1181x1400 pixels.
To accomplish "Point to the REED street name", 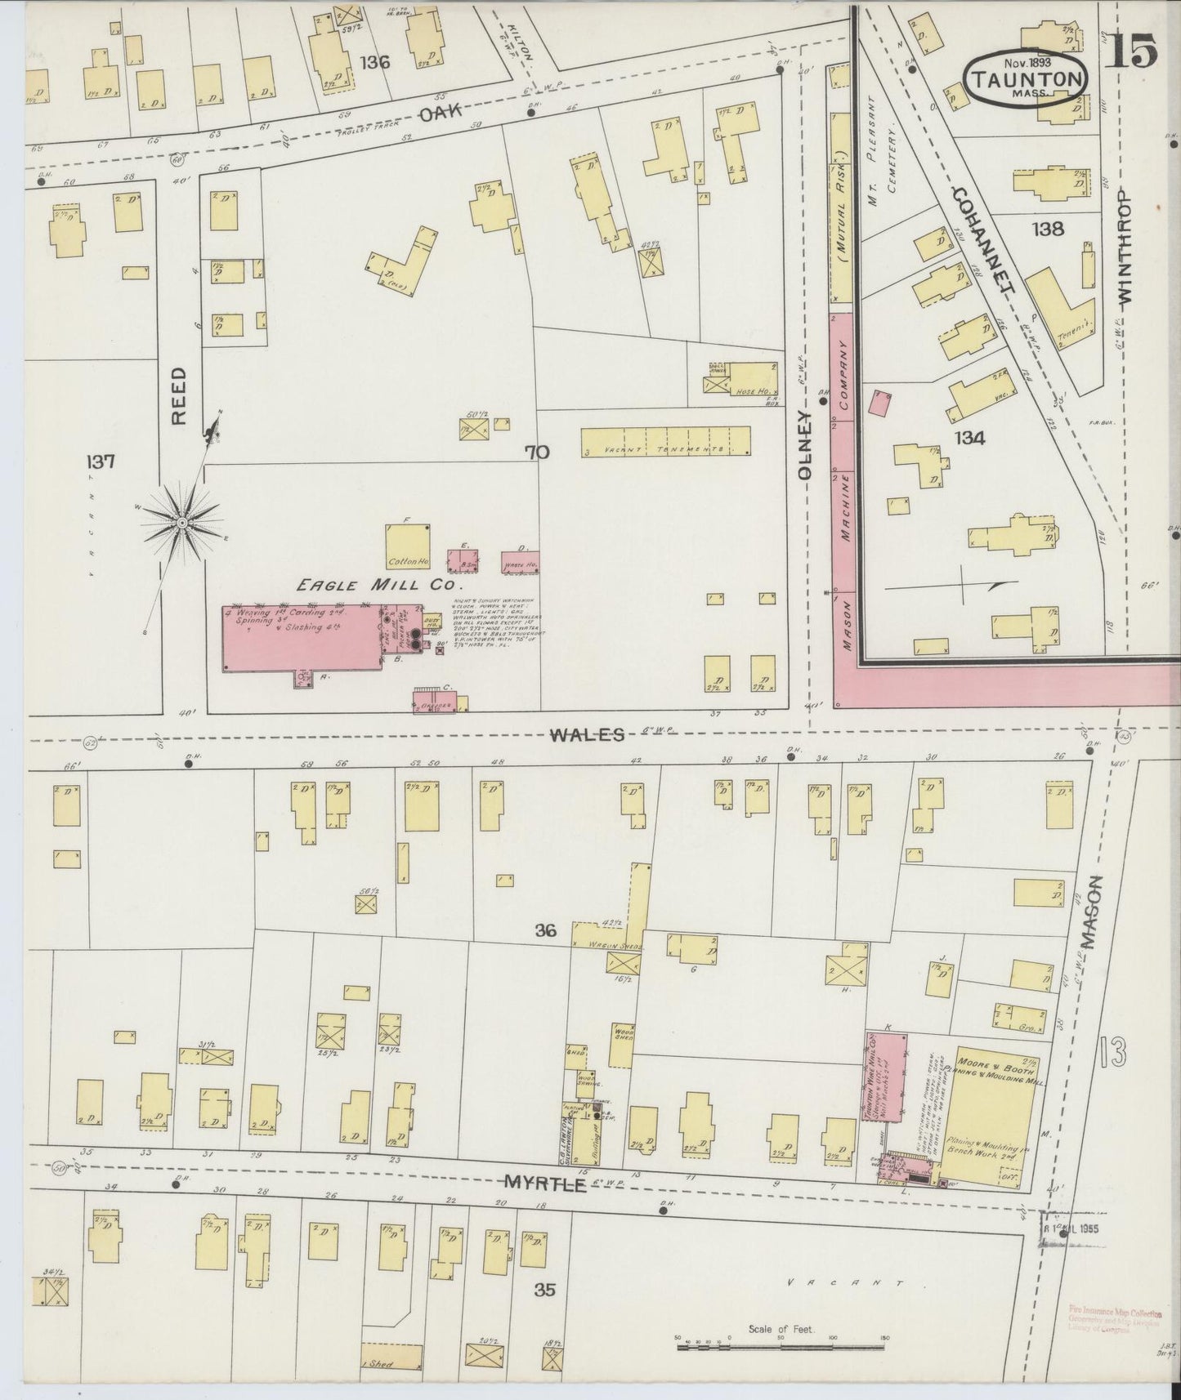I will pyautogui.click(x=179, y=395).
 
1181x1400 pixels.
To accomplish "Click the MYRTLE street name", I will pyautogui.click(x=545, y=1183).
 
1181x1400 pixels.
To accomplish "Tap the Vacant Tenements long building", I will pyautogui.click(x=665, y=442).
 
